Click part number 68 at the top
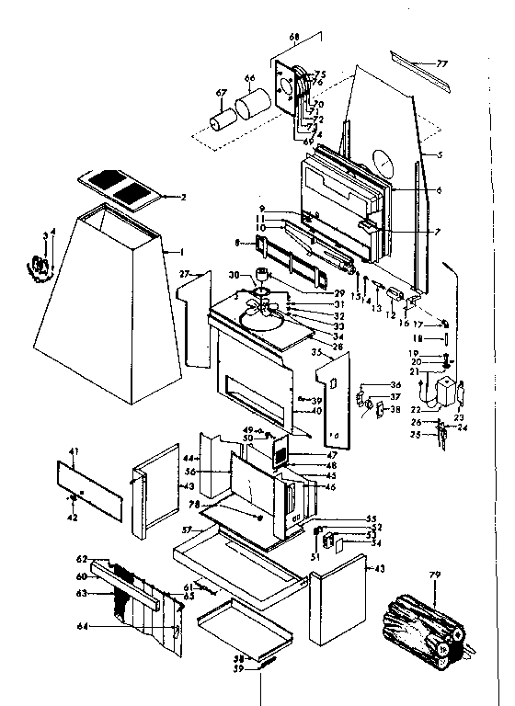pos(294,38)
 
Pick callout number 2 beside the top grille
pos(184,198)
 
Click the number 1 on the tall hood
pos(166,251)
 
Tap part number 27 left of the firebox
pos(183,274)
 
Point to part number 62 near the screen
pos(81,559)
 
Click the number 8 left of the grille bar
pos(238,243)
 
